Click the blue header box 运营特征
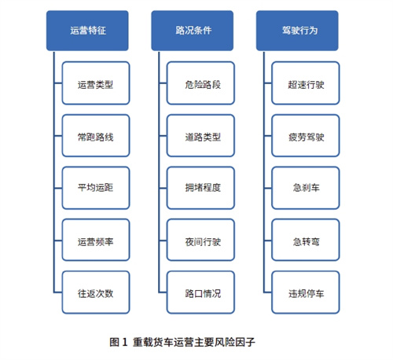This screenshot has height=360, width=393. (x=87, y=31)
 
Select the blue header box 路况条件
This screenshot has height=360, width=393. (x=193, y=31)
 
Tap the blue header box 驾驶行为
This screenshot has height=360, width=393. (x=297, y=31)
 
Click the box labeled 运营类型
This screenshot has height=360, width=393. (x=96, y=83)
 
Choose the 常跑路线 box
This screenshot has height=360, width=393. (x=96, y=135)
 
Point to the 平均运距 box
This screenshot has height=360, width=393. (x=96, y=188)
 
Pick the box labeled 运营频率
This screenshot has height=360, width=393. (x=96, y=240)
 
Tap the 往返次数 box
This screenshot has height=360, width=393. (x=96, y=292)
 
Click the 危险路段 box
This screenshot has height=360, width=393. (x=200, y=83)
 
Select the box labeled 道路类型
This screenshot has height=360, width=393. (x=200, y=135)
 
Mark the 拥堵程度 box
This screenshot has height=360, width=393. (x=200, y=188)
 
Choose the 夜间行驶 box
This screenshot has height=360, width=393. (x=200, y=240)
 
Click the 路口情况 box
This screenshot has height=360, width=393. (x=200, y=292)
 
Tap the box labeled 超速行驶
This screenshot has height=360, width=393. (x=306, y=83)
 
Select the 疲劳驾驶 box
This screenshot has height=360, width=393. (x=306, y=135)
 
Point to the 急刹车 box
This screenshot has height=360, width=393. (x=306, y=188)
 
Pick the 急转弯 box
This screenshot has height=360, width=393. (x=306, y=240)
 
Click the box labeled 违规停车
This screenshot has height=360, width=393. (x=306, y=292)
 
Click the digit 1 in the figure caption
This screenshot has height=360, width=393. (x=124, y=342)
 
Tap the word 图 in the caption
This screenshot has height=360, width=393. (x=115, y=342)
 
